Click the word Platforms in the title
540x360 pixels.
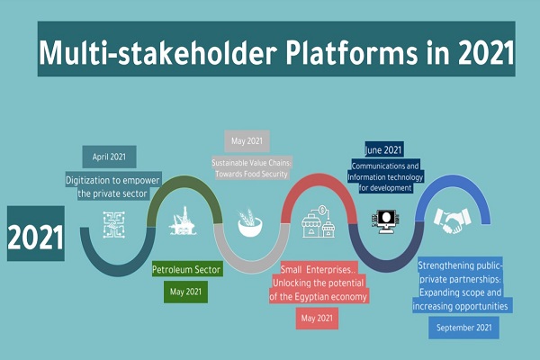352,52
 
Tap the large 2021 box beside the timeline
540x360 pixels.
36,233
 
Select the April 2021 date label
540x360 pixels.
109,157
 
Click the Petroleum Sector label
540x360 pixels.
186,269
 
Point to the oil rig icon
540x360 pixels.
183,220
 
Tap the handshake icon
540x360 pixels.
452,220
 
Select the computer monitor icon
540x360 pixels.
386,221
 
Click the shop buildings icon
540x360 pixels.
318,221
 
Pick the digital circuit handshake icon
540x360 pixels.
114,225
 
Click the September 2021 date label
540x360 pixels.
463,328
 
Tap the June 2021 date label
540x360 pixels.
383,150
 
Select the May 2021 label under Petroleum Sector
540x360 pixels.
185,292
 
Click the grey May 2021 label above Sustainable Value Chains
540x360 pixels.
247,141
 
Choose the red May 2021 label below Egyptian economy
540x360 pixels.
317,319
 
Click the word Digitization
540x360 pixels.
89,181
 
